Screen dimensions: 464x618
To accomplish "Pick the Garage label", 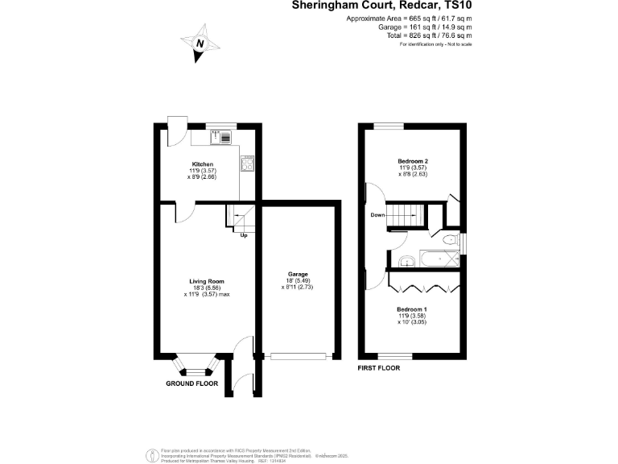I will coord(299,274).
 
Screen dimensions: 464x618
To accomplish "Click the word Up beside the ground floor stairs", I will coord(243,235).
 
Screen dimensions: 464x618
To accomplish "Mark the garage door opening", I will coord(299,356).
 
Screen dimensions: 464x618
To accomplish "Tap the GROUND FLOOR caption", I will coord(192,384).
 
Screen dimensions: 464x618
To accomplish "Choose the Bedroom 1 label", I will coord(411,309).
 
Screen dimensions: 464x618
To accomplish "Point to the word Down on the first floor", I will coord(377,215).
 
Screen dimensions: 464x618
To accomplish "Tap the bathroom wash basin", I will coord(406,260).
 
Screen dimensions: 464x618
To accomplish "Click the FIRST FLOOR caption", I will coord(379,367).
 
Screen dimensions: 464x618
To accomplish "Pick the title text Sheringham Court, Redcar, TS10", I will coord(381,6).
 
